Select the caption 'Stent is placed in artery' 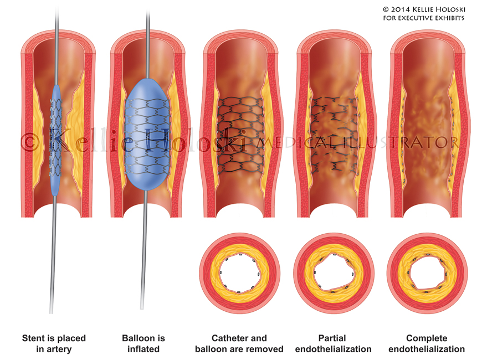point(54,343)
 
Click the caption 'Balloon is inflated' point(143,343)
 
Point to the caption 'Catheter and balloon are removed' point(239,343)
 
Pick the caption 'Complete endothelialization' point(426,343)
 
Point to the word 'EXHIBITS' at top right point(448,18)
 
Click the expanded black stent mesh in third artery point(239,133)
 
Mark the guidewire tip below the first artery point(51,310)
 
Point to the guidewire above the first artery point(57,14)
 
